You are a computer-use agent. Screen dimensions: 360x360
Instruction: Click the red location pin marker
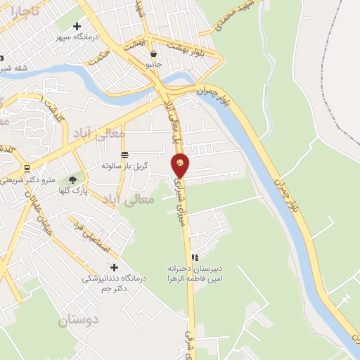point(181,165)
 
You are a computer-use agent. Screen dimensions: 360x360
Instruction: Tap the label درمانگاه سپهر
point(78,37)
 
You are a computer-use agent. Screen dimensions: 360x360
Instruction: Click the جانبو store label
point(153,63)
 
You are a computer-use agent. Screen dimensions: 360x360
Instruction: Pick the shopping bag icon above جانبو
point(153,53)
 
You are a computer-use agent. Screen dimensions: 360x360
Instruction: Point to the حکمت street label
point(102,55)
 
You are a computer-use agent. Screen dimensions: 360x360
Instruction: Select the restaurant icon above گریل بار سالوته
point(124,155)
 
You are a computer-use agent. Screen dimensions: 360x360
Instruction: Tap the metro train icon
point(27,169)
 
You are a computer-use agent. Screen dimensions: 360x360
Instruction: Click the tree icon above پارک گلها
point(72,180)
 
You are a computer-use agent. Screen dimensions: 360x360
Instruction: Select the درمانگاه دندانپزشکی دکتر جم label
point(114,283)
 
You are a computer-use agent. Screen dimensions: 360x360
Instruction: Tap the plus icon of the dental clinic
point(114,267)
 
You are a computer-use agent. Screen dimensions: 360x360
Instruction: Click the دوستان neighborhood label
point(79,321)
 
